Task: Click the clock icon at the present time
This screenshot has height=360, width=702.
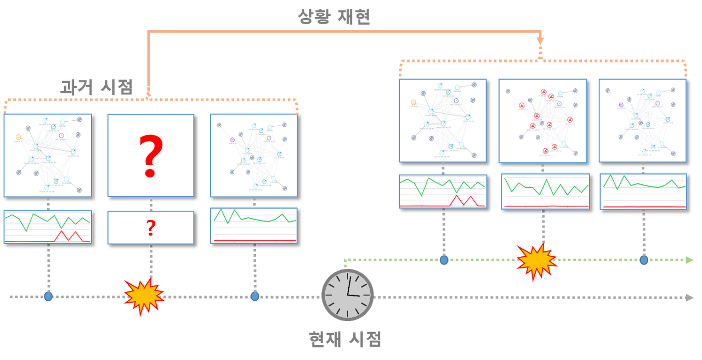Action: [347, 295]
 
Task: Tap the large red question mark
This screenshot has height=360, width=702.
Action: [150, 156]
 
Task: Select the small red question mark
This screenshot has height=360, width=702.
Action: [151, 228]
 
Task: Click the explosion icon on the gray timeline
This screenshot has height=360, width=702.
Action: [144, 297]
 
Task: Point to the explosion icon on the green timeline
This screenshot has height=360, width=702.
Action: [536, 262]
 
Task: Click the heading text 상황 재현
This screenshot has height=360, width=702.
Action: [334, 16]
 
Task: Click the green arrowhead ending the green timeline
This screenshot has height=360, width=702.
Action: [690, 260]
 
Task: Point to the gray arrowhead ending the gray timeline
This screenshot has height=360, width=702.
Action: [690, 297]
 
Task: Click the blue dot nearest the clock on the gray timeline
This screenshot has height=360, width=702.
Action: [255, 296]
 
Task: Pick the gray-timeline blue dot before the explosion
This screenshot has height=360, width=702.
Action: [48, 296]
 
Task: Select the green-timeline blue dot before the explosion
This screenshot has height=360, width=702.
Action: [444, 260]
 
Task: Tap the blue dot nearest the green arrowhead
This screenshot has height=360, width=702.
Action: [644, 260]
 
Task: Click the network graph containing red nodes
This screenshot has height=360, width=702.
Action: [542, 121]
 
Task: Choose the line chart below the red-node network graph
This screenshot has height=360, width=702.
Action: [546, 191]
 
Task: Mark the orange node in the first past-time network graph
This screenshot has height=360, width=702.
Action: [18, 136]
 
